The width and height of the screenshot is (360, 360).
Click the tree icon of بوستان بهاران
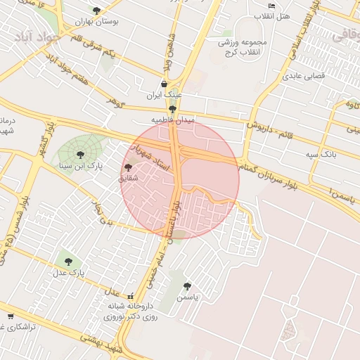click(x=96, y=11)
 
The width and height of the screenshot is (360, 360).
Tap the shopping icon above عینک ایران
click(x=164, y=84)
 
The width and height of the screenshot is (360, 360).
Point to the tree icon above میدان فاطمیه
click(x=172, y=109)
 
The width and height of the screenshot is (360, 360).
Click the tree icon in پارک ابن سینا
click(x=79, y=155)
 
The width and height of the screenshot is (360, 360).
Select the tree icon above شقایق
click(x=127, y=167)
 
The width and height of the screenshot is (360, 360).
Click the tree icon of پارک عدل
click(x=68, y=262)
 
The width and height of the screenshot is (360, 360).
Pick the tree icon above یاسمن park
click(x=186, y=286)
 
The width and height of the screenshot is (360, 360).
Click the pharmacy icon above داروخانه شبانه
click(x=130, y=296)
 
